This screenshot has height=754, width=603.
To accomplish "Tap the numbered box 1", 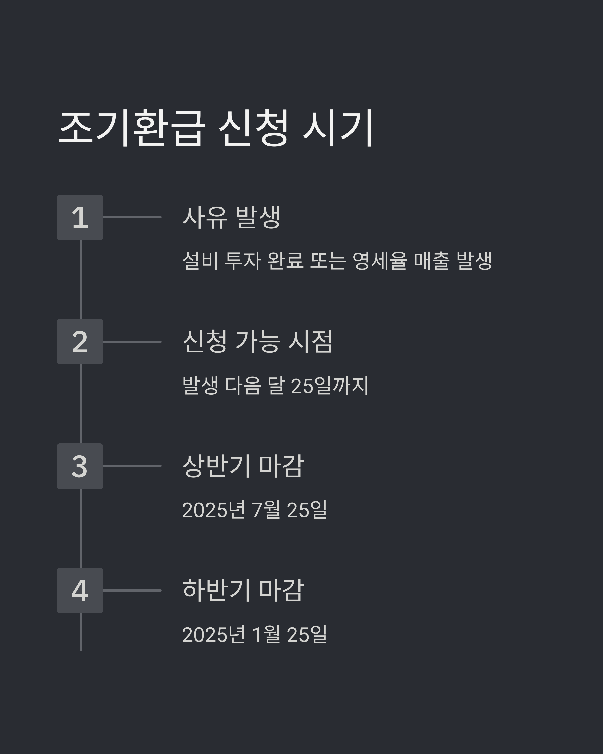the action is (x=80, y=217).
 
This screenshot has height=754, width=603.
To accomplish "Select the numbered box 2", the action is (x=80, y=342).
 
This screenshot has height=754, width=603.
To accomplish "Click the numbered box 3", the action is (x=80, y=466).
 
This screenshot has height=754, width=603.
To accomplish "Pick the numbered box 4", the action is (x=80, y=590).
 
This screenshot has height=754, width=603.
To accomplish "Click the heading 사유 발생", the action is (x=231, y=217).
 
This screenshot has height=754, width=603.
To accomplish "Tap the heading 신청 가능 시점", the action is (x=258, y=341).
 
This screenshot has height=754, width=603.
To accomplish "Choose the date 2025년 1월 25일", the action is (x=255, y=634).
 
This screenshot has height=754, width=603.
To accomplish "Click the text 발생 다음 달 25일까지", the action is (x=275, y=385).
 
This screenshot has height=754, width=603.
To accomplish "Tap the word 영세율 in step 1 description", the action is (x=380, y=261).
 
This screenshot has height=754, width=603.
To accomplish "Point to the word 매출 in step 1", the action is (x=432, y=261).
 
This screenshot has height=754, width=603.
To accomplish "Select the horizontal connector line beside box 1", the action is (x=132, y=217).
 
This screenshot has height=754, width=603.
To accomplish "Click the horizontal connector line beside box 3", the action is (x=132, y=466).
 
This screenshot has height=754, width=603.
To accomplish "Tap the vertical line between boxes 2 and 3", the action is (x=81, y=404).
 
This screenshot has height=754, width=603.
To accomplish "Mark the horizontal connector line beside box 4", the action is (x=132, y=591).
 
